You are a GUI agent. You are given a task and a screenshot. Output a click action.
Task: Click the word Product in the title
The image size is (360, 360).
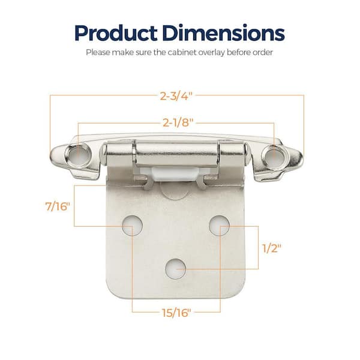116,34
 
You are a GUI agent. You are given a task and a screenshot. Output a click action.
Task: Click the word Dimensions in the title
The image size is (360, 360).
223,33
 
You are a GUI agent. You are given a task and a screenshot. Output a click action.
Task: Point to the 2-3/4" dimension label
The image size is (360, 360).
176,96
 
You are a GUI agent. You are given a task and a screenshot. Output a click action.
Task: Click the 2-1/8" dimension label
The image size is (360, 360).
178,122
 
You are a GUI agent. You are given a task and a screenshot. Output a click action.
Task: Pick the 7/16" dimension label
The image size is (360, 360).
58,206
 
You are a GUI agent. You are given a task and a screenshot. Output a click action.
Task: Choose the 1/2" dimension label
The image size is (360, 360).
272,248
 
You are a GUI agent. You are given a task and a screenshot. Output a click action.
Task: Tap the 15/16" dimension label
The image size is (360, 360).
176,313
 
